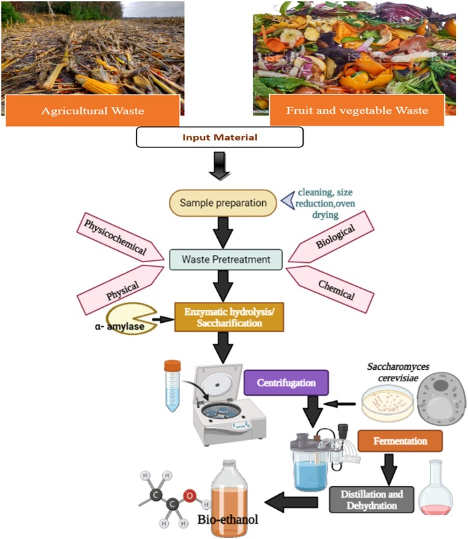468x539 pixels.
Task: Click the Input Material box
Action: tap(220, 137)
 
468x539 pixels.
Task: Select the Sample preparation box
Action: tap(223, 203)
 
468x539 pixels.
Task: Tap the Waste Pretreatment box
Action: tap(226, 260)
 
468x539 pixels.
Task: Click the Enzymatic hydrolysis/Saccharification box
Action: tap(229, 317)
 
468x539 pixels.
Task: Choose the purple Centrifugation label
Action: tap(286, 382)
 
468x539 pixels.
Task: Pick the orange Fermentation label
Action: tap(400, 441)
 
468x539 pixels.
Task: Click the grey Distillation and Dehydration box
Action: tap(372, 500)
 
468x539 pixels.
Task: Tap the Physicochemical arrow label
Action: tap(119, 237)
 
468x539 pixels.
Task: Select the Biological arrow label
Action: tap(331, 236)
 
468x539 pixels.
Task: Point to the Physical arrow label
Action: tap(119, 290)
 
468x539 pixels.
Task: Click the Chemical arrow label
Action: tap(331, 289)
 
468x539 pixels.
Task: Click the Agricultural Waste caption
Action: tap(93, 111)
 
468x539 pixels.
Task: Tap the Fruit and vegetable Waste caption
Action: tap(357, 110)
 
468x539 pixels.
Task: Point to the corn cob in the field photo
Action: tap(97, 85)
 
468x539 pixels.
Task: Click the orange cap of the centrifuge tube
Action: tap(172, 365)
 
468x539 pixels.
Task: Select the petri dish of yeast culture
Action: tap(387, 403)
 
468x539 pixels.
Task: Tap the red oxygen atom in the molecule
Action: tap(189, 496)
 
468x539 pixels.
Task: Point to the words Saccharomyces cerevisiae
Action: tap(398, 373)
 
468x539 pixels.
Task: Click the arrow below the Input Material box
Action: tap(220, 166)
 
